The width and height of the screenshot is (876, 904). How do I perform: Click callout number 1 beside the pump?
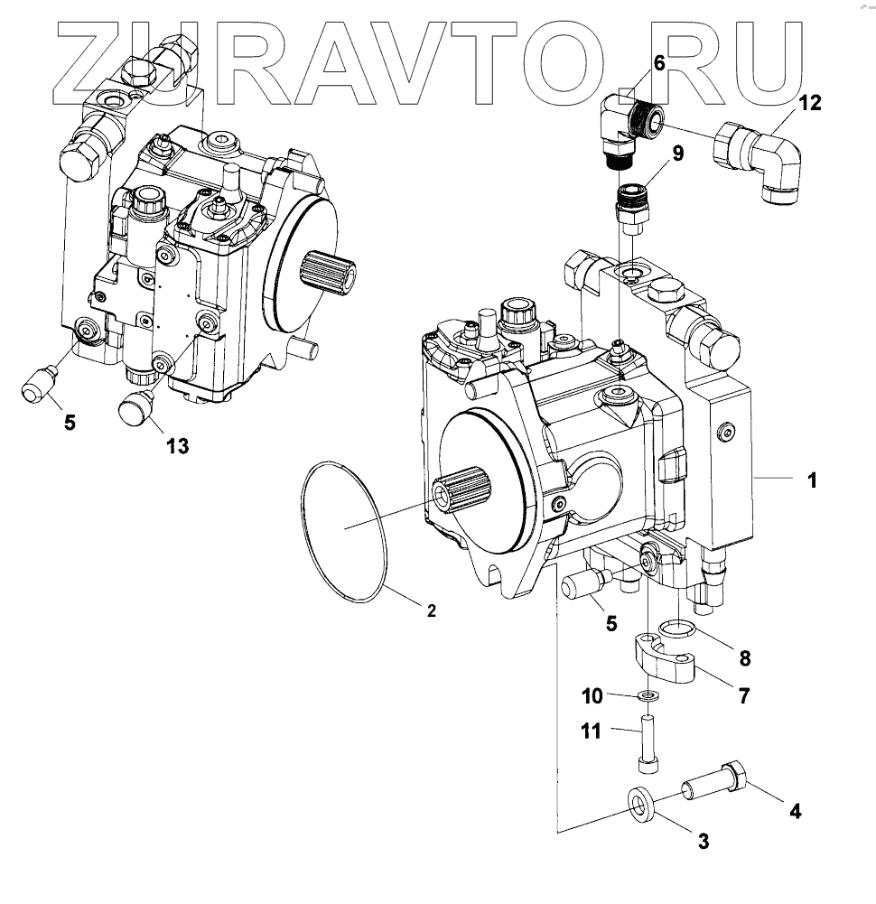point(812,480)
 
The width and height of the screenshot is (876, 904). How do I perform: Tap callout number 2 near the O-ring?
point(432,611)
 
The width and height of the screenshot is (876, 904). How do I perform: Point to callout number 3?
point(703,842)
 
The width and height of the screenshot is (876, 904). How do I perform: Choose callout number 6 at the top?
point(657,63)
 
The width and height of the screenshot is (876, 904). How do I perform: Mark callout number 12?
point(810,103)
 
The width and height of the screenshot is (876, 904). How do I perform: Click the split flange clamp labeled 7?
point(668,665)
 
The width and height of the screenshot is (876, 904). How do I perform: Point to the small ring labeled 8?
point(676,629)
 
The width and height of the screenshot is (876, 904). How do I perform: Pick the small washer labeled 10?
point(647,695)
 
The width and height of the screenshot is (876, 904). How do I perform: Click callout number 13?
point(177,444)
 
